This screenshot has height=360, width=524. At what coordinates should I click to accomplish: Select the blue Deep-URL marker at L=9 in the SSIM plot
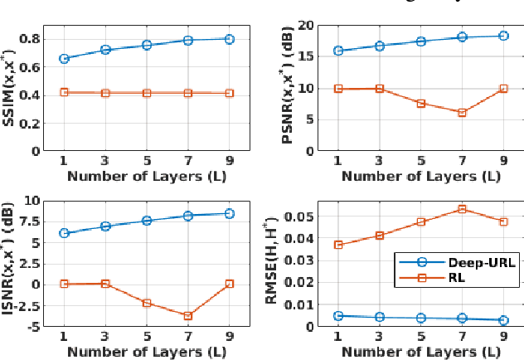[229, 39]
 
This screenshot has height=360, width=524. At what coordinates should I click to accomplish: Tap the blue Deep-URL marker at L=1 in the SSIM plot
[64, 59]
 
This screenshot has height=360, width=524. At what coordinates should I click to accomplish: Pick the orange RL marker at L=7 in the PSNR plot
[462, 112]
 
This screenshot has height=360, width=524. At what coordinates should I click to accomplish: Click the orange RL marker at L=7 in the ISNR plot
[188, 315]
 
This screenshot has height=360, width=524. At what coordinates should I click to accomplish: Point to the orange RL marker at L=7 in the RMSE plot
[462, 209]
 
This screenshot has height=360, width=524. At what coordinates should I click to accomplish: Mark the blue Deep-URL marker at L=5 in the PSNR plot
[420, 41]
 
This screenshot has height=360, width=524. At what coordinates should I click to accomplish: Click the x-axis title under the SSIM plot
[146, 176]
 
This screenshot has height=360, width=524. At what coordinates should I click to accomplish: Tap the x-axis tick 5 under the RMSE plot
[420, 336]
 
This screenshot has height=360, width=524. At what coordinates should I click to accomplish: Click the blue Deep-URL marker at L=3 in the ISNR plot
[105, 226]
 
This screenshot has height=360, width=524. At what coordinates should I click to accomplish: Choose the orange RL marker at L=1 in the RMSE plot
[338, 245]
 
